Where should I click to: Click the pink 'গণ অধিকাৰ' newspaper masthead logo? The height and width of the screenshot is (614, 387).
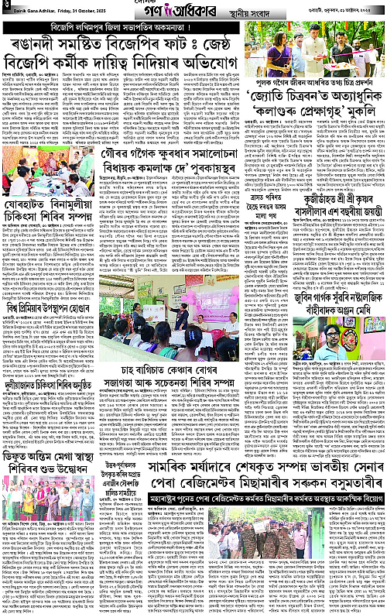(193, 13)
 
